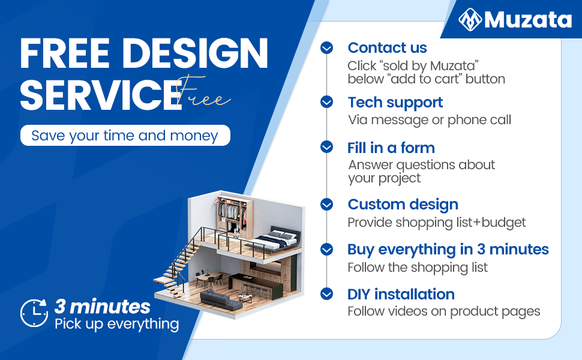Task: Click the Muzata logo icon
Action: tap(470, 19)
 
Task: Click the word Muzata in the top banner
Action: tap(528, 19)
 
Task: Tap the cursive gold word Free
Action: tap(202, 93)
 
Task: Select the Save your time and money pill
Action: tap(125, 136)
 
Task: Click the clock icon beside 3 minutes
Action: tap(34, 313)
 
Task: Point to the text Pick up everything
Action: tap(116, 324)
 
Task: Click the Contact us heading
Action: tap(387, 47)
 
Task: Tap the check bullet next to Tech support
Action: tap(326, 101)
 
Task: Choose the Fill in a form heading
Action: tap(391, 148)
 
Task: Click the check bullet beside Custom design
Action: tap(326, 204)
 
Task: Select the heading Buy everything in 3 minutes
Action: tap(448, 250)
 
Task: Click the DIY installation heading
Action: tap(401, 295)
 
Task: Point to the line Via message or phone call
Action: tap(430, 120)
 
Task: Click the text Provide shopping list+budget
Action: tap(437, 223)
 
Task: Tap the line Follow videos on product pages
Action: tap(444, 311)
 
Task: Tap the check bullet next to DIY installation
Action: tap(326, 294)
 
